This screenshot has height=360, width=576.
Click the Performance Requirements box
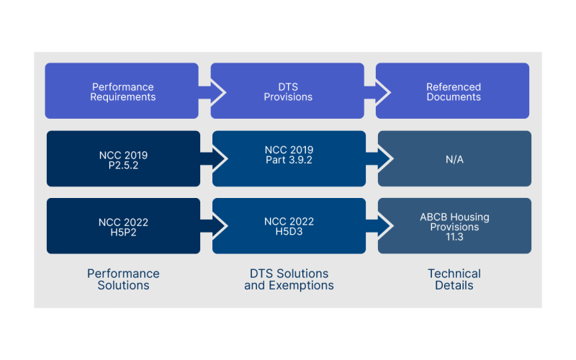122,91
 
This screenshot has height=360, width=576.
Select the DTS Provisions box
288,91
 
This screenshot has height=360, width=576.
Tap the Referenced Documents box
453,91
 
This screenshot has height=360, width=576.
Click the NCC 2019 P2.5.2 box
123,158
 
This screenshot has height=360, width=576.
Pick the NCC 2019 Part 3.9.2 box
289,158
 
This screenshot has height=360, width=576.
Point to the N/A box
454,158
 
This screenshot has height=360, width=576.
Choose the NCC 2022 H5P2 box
123,226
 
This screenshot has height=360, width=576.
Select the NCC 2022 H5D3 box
289,226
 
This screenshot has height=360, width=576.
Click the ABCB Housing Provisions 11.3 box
454,226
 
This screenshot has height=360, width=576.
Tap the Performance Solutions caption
123,279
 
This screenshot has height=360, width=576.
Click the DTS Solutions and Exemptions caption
289,279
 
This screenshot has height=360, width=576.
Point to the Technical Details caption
454,279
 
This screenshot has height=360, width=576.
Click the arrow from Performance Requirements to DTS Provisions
213,91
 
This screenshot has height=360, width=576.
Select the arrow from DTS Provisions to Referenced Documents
379,91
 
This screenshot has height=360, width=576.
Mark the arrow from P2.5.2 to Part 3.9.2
215,158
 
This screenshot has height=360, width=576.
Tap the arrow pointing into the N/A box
380,158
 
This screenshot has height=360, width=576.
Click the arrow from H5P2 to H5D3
215,226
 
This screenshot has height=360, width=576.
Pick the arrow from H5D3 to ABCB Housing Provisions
380,226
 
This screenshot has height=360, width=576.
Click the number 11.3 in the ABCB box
454,237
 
